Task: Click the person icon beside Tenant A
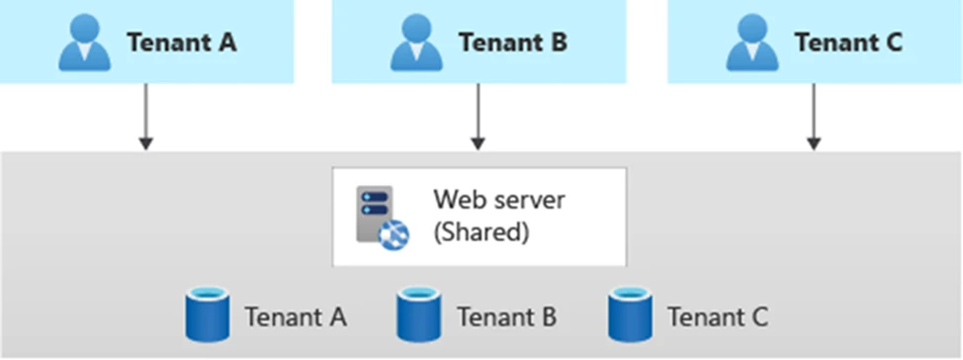coord(84,44)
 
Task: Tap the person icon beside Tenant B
coord(416,44)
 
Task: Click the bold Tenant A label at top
coord(181,44)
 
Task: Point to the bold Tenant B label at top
coord(513,44)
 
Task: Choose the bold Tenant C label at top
coord(849,44)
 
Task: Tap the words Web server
coord(498,200)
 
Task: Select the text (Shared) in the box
coord(481,233)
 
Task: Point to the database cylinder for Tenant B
coord(416,314)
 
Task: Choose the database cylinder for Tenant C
coord(628,314)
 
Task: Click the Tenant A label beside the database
coord(296,317)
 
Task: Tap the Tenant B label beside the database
coord(506,317)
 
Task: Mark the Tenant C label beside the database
coord(718,317)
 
